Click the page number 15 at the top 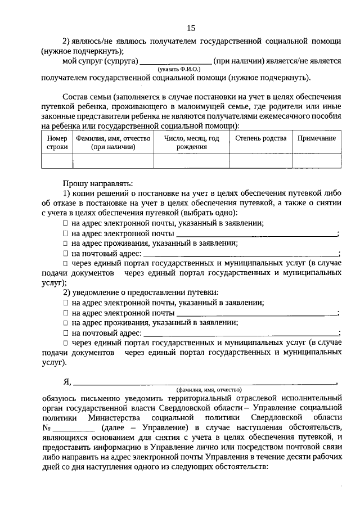pos(191,28)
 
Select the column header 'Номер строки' pos(57,142)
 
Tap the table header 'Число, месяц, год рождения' pos(191,142)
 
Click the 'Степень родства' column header pos(260,138)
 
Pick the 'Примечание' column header pos(317,138)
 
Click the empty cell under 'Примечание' pos(317,161)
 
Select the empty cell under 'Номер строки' pos(57,161)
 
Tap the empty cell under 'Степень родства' pos(260,161)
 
